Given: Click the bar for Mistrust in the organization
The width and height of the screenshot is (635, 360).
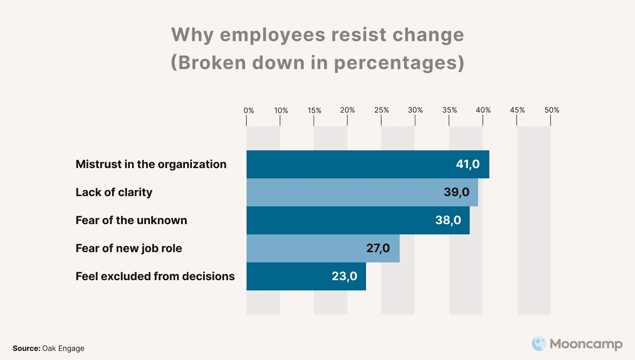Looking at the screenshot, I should coord(350,164).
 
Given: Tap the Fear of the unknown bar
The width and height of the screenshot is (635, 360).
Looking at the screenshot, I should coord(341,220).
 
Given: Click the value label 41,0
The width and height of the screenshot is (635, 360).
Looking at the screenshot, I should coord(467,164).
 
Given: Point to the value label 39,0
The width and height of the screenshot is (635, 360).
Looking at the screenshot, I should coord(456,192).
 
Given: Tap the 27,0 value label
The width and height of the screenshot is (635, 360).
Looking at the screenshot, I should coord(378,248).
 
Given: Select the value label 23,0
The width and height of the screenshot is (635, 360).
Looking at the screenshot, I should coord(345,276).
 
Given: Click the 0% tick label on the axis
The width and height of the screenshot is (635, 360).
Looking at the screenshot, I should coord(249,111).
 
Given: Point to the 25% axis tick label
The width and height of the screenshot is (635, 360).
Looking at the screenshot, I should coord(381,111).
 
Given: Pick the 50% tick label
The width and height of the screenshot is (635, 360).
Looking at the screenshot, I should coord(551,111).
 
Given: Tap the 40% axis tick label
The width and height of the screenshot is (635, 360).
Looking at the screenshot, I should coord(483,111).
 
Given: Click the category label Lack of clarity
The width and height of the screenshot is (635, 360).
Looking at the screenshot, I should coord(114,192).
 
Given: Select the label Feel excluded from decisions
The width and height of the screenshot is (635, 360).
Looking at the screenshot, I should coord(155,276).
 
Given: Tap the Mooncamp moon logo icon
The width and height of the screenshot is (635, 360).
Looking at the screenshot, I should coord(539,344).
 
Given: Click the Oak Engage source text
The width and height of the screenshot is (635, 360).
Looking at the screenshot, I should coord(63,348).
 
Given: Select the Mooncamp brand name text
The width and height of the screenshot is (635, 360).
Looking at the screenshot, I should coord(586,345).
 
